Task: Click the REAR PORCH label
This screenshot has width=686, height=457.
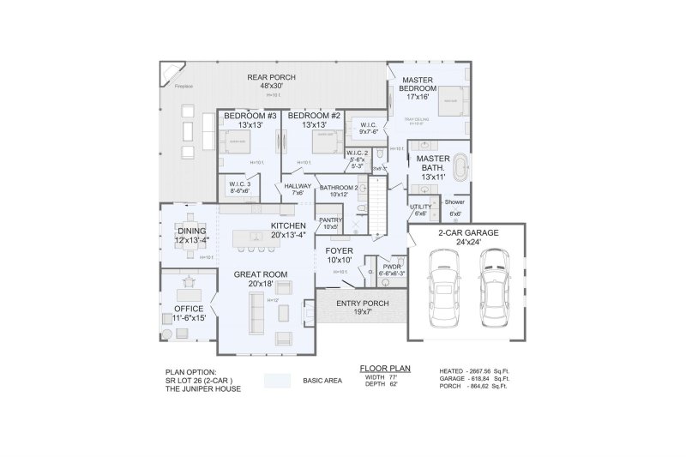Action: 271,76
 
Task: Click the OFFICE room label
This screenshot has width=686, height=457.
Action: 189,308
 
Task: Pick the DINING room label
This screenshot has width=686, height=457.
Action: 191,231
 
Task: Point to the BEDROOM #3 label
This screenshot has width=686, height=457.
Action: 246,115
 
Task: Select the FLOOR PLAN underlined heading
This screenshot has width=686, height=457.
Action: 385,367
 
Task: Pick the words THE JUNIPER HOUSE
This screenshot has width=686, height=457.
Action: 203,388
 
